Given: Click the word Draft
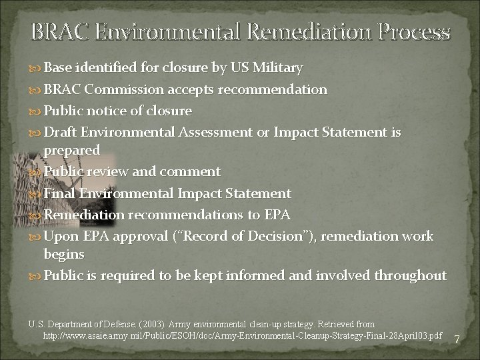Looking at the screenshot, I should pyautogui.click(x=61, y=133).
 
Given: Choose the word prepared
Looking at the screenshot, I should pyautogui.click(x=72, y=150).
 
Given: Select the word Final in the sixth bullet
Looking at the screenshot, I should pyautogui.click(x=59, y=193).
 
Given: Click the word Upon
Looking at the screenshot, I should pyautogui.click(x=60, y=237).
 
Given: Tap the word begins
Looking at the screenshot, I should pyautogui.click(x=64, y=254).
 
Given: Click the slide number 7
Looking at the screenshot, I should pyautogui.click(x=457, y=340).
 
